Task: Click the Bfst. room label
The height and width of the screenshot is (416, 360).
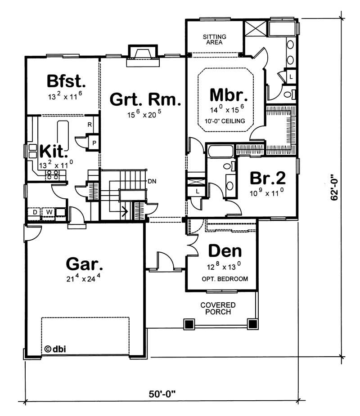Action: (x=66, y=81)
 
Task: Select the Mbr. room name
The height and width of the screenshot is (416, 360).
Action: (x=229, y=96)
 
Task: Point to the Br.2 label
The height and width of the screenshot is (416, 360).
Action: (x=268, y=179)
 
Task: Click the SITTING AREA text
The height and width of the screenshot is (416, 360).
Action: (x=215, y=40)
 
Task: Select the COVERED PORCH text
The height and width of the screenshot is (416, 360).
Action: (x=218, y=309)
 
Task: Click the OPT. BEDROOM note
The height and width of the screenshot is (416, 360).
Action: (x=225, y=279)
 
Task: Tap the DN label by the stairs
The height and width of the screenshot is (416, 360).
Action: (x=151, y=181)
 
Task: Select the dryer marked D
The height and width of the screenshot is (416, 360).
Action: (x=35, y=212)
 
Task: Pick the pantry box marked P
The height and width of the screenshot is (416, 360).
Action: (x=94, y=142)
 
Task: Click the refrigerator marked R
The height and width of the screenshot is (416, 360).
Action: (x=90, y=125)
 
